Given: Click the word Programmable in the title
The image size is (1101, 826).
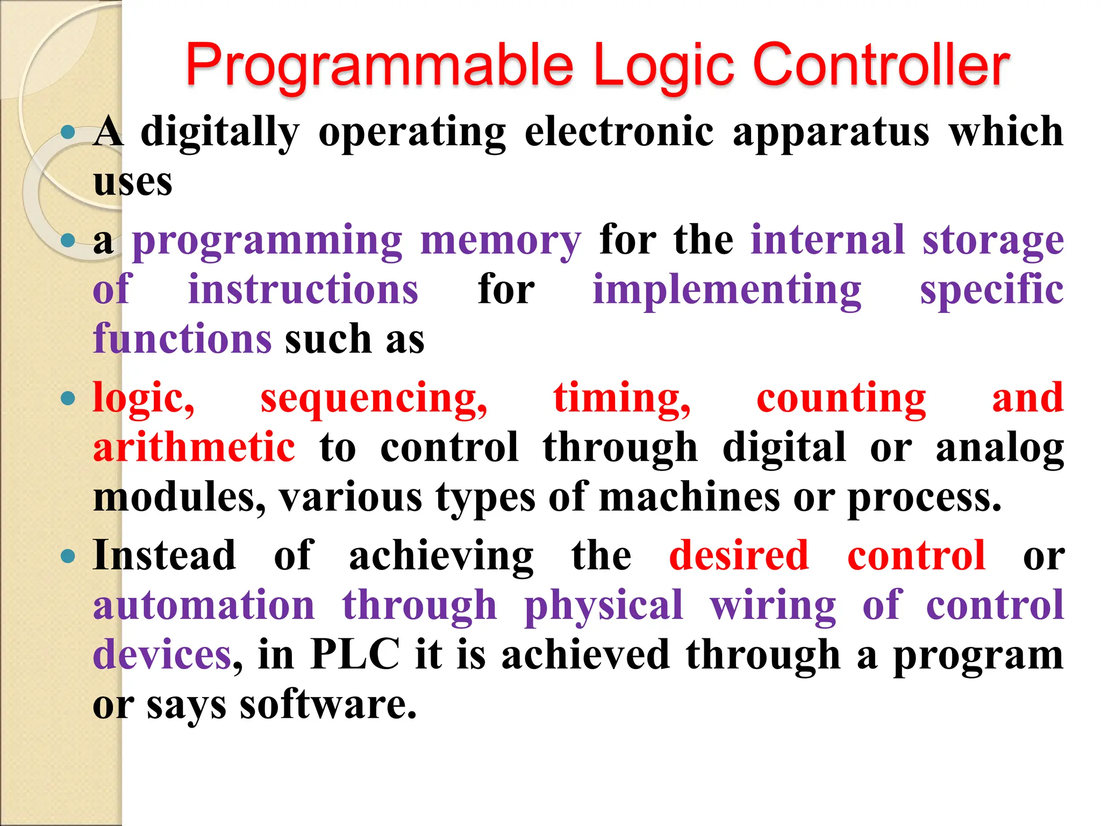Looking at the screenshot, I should click(380, 66).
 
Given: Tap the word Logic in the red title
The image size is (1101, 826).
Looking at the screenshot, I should click(664, 66).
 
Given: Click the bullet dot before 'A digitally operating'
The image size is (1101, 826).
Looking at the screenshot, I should click(68, 132).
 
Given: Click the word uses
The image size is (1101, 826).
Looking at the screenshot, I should click(133, 182).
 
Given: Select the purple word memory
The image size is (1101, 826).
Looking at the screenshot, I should click(501, 240).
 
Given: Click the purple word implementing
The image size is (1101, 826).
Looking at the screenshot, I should click(727, 290).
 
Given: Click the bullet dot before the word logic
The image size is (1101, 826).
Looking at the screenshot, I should click(68, 398).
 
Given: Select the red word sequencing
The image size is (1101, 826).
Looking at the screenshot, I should click(374, 400).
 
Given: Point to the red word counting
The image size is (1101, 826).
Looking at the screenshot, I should click(841, 400).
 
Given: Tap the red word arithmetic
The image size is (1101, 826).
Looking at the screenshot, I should click(194, 447).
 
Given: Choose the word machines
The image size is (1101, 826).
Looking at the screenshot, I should click(689, 497).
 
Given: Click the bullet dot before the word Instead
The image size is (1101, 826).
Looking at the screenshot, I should click(68, 556).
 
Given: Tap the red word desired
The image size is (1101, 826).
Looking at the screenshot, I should click(739, 556).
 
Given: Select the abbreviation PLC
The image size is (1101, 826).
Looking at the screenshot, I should click(355, 654).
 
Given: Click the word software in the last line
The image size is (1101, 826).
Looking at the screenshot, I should click(328, 704).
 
